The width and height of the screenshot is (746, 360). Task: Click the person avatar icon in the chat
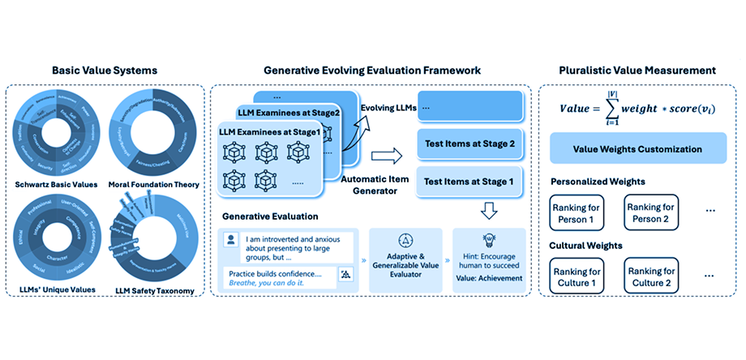click(x=233, y=240)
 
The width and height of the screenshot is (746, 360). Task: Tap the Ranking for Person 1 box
click(x=579, y=215)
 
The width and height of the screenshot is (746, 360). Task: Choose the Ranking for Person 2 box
click(x=654, y=215)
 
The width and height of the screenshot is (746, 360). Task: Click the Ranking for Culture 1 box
click(x=579, y=278)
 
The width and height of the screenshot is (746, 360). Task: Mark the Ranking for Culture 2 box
click(x=654, y=278)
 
